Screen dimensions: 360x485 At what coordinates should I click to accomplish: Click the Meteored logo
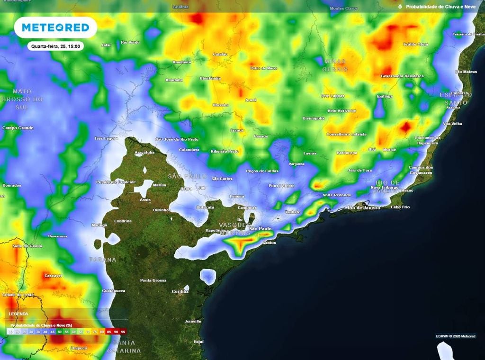coord(55,27)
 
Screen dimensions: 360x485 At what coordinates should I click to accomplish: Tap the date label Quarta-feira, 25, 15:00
coord(55,46)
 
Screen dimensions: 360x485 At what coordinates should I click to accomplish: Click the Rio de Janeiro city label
coord(364,207)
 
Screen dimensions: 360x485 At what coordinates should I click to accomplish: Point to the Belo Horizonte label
coord(341,110)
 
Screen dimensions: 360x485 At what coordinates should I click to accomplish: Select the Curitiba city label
coord(180,291)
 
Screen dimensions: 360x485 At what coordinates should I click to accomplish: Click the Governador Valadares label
coord(402,76)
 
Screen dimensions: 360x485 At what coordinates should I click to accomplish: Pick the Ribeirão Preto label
coord(225,151)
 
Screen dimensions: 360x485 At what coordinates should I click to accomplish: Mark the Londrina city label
coord(123,221)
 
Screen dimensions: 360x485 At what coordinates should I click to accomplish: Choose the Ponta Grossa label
coord(153,280)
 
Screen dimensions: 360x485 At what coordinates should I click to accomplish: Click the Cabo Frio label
coord(401,207)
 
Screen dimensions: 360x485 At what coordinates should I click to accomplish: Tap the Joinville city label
coord(193,321)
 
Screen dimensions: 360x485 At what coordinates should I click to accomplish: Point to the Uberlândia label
coord(210,78)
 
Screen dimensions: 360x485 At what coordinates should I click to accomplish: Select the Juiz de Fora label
coord(360,170)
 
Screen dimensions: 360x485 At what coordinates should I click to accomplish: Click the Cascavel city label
coord(53,275)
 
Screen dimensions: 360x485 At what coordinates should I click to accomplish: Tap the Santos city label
coord(269,243)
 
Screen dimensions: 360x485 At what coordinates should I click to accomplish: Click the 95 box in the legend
coord(123,333)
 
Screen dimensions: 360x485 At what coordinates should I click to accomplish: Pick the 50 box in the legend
coord(59,333)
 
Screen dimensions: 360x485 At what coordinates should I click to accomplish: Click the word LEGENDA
coord(18,314)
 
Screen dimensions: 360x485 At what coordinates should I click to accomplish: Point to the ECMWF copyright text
coord(454,336)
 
